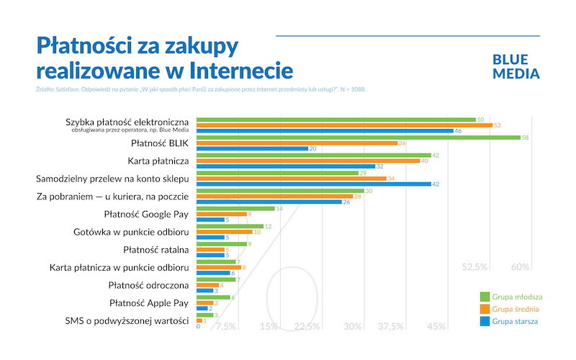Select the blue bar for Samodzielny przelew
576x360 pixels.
[313, 184]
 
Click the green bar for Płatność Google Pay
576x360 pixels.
[235, 208]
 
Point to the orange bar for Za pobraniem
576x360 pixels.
[274, 197]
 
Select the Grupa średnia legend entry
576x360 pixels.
[510, 309]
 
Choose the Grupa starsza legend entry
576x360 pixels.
[510, 321]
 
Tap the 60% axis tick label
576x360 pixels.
[520, 267]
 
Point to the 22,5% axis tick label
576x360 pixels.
[307, 327]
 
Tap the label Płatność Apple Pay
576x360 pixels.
[149, 302]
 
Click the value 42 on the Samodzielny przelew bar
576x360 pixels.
[436, 184]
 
